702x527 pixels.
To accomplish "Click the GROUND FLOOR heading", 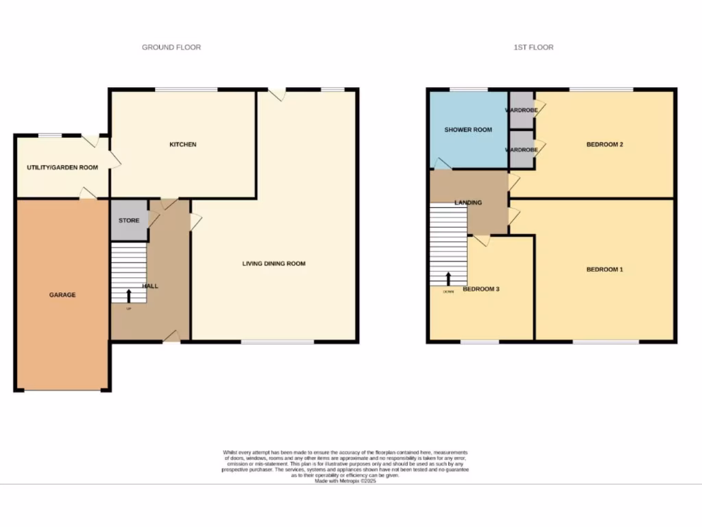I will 171,47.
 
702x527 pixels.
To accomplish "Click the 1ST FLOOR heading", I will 533,47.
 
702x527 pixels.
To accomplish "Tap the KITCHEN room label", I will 183,145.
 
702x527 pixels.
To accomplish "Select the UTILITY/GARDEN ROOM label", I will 62,167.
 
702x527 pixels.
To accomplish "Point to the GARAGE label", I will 62,295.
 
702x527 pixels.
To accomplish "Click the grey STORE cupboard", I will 130,220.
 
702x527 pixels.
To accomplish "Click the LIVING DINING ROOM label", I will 274,263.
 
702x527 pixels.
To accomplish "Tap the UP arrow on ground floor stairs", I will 129,296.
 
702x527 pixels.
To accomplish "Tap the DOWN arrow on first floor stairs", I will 449,279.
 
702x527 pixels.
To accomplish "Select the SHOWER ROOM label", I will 468,130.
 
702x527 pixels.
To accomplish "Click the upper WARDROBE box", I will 522,110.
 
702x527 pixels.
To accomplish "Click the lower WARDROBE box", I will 522,150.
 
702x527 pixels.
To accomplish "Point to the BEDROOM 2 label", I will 604,145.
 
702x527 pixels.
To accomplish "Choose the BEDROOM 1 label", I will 604,270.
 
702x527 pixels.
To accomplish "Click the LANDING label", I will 468,202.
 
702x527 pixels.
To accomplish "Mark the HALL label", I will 150,286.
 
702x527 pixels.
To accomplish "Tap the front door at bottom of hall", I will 171,336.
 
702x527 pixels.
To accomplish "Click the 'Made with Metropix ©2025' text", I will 346,482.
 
